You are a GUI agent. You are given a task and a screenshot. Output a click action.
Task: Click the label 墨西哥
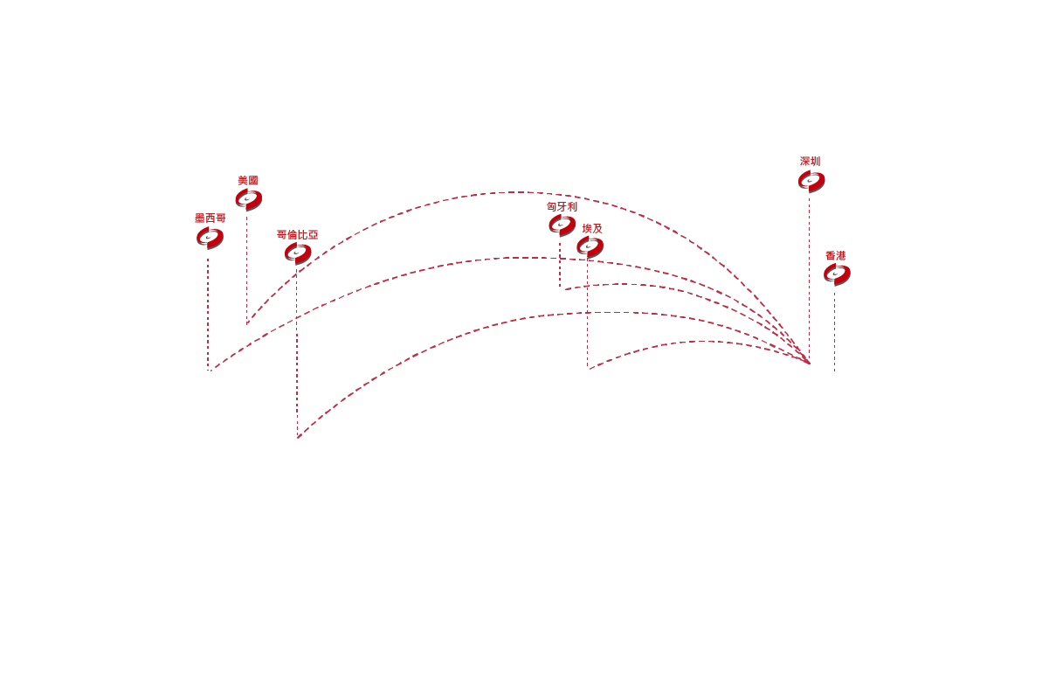click(210, 218)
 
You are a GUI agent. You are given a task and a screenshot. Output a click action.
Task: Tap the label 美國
click(248, 180)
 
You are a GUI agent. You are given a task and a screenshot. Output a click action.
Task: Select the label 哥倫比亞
click(297, 235)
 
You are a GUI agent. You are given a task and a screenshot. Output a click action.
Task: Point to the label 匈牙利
click(562, 206)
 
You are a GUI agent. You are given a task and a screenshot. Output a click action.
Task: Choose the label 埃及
click(592, 229)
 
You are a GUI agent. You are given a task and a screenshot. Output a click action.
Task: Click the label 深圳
click(811, 161)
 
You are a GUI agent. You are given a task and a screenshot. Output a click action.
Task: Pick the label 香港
click(836, 256)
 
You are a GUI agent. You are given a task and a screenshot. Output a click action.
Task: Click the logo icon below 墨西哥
click(210, 238)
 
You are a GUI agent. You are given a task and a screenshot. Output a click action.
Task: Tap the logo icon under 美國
click(249, 199)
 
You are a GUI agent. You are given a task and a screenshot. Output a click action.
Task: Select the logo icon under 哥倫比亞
click(298, 253)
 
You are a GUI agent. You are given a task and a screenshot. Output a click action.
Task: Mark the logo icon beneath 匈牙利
click(562, 225)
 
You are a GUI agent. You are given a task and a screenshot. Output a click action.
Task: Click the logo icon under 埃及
click(590, 247)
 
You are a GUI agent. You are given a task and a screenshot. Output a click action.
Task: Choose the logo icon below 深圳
click(811, 181)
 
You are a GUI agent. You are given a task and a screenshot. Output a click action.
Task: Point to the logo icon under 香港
click(838, 274)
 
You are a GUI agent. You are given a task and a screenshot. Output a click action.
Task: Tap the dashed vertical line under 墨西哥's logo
click(208, 314)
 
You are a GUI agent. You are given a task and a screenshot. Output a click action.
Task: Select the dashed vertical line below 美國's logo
click(247, 270)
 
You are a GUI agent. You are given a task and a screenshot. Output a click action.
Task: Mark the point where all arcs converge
click(809, 364)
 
